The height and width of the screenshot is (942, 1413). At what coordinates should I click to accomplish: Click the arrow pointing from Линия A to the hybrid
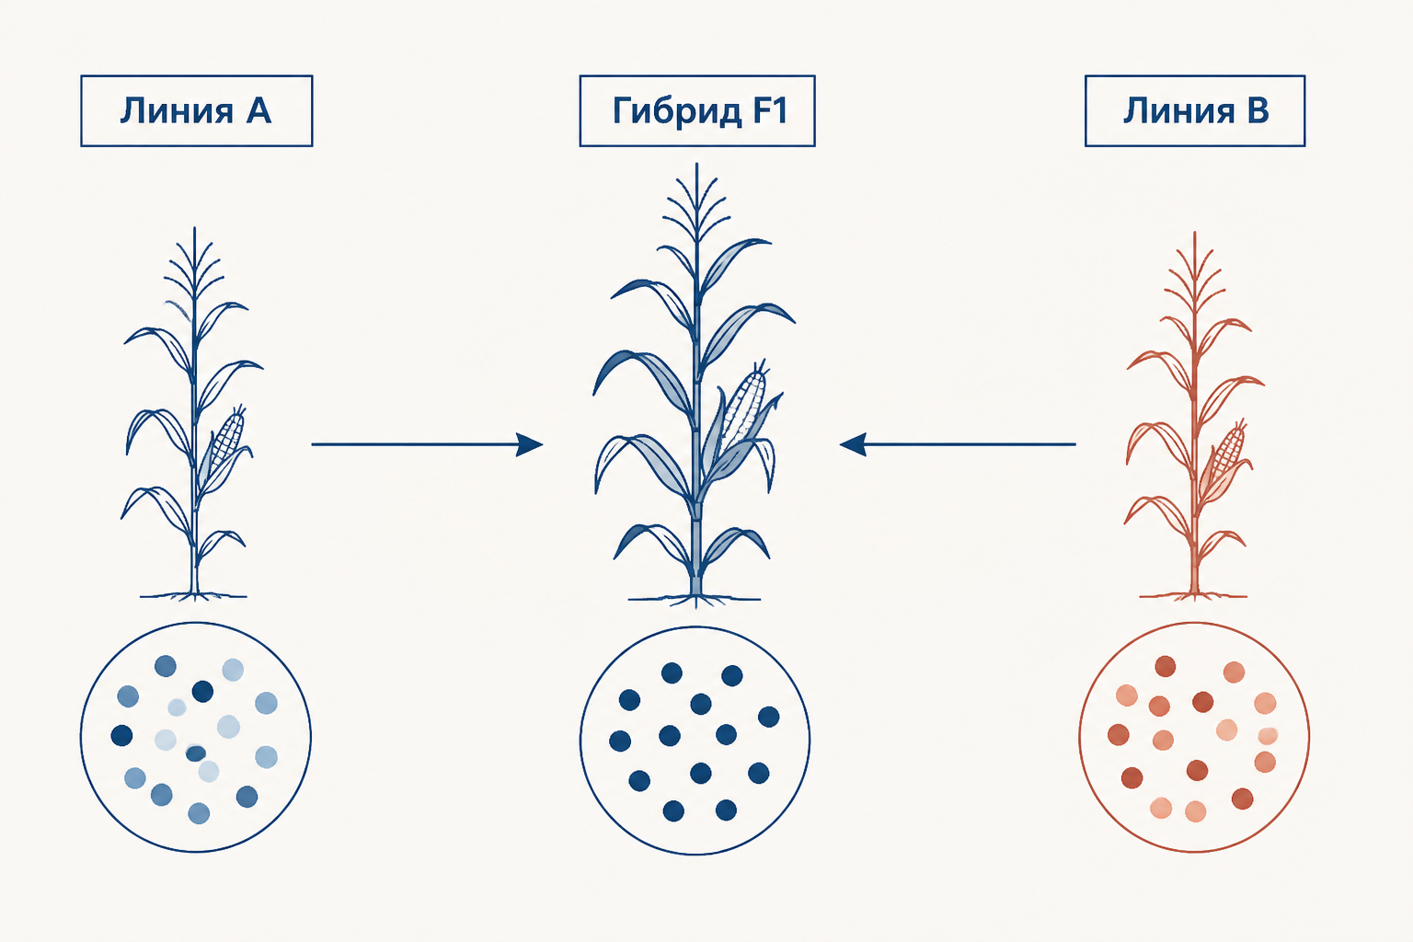(427, 444)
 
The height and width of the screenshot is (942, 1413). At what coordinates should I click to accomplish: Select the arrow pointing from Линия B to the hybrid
(958, 444)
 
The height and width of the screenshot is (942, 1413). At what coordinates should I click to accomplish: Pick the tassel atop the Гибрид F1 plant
(696, 205)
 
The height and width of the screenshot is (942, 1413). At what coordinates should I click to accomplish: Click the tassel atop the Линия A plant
(194, 264)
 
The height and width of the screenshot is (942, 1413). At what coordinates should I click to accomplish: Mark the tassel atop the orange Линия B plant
(1194, 270)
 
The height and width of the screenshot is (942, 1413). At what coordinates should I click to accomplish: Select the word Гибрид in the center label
(677, 111)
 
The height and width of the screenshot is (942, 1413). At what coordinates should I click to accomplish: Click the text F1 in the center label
(770, 110)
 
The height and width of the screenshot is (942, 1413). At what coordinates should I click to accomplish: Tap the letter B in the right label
(1258, 110)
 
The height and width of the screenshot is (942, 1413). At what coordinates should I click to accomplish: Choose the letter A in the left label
(258, 110)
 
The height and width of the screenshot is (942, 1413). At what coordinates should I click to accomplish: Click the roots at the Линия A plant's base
(194, 595)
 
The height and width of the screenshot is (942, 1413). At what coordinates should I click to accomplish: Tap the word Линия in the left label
(177, 110)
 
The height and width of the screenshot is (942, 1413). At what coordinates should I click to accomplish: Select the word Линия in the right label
(1178, 110)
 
